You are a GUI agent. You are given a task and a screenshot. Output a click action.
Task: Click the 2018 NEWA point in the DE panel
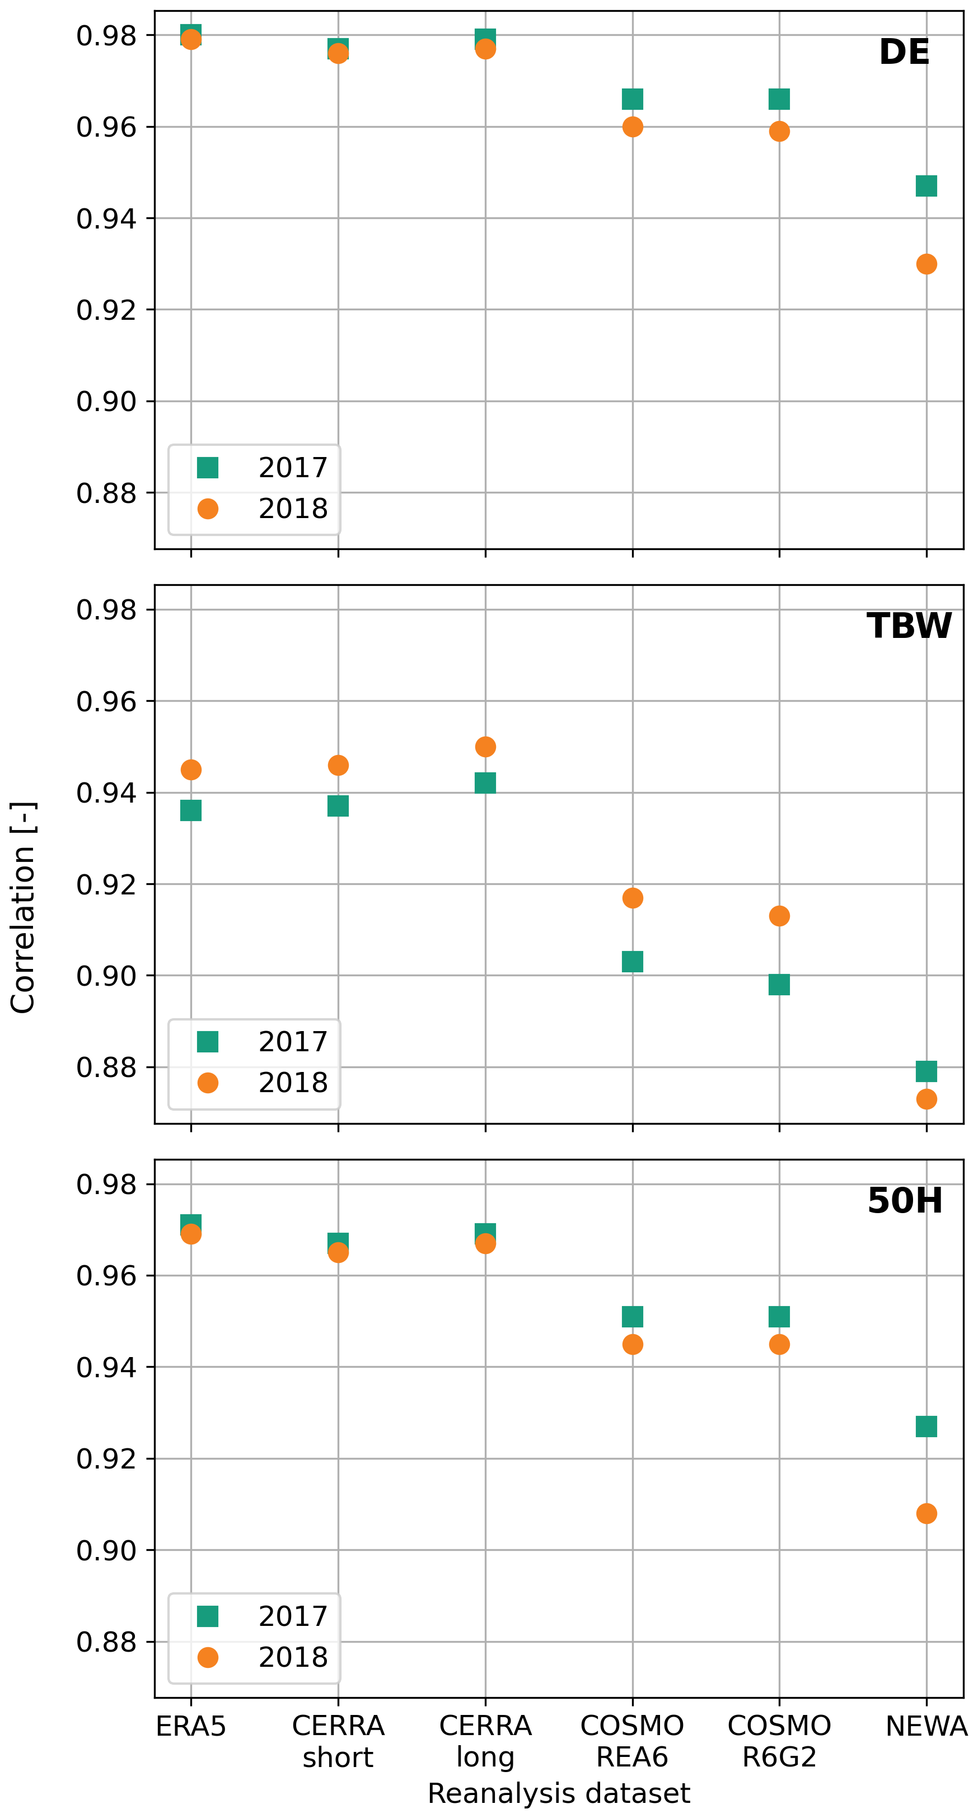[x=926, y=264]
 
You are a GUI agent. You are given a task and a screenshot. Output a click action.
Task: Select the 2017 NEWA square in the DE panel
[x=926, y=185]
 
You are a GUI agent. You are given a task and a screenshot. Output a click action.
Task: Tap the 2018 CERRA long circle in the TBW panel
[x=485, y=747]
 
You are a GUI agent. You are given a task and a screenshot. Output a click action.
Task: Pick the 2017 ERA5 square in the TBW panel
[x=190, y=810]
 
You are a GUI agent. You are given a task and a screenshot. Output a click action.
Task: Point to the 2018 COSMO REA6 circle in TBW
[x=632, y=898]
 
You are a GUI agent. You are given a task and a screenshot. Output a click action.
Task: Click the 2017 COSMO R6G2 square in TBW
[x=779, y=985]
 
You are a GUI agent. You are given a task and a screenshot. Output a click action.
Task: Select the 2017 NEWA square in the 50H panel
[x=926, y=1427]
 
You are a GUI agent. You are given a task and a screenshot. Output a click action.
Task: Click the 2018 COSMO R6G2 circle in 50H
[x=779, y=1344]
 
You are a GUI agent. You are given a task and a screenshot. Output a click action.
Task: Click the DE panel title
[x=904, y=52]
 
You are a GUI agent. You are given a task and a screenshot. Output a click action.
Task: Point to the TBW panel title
[x=909, y=626]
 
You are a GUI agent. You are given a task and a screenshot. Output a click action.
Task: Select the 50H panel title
[x=905, y=1200]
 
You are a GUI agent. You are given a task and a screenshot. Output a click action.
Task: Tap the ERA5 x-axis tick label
[x=190, y=1727]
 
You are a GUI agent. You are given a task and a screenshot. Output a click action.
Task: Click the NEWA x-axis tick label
[x=926, y=1727]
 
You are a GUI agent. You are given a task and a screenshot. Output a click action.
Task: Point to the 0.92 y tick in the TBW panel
[x=106, y=884]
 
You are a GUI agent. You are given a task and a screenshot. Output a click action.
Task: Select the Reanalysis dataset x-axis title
[x=559, y=1793]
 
